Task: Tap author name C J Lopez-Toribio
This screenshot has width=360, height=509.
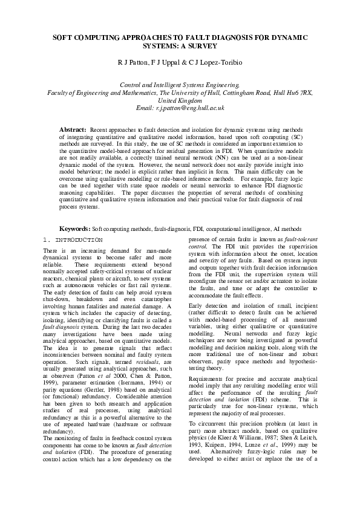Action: pyautogui.click(x=213, y=62)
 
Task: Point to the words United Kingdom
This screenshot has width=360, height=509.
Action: pyautogui.click(x=180, y=100)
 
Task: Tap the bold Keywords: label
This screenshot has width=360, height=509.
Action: pyautogui.click(x=74, y=229)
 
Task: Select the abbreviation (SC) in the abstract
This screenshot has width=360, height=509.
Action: pyautogui.click(x=287, y=137)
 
